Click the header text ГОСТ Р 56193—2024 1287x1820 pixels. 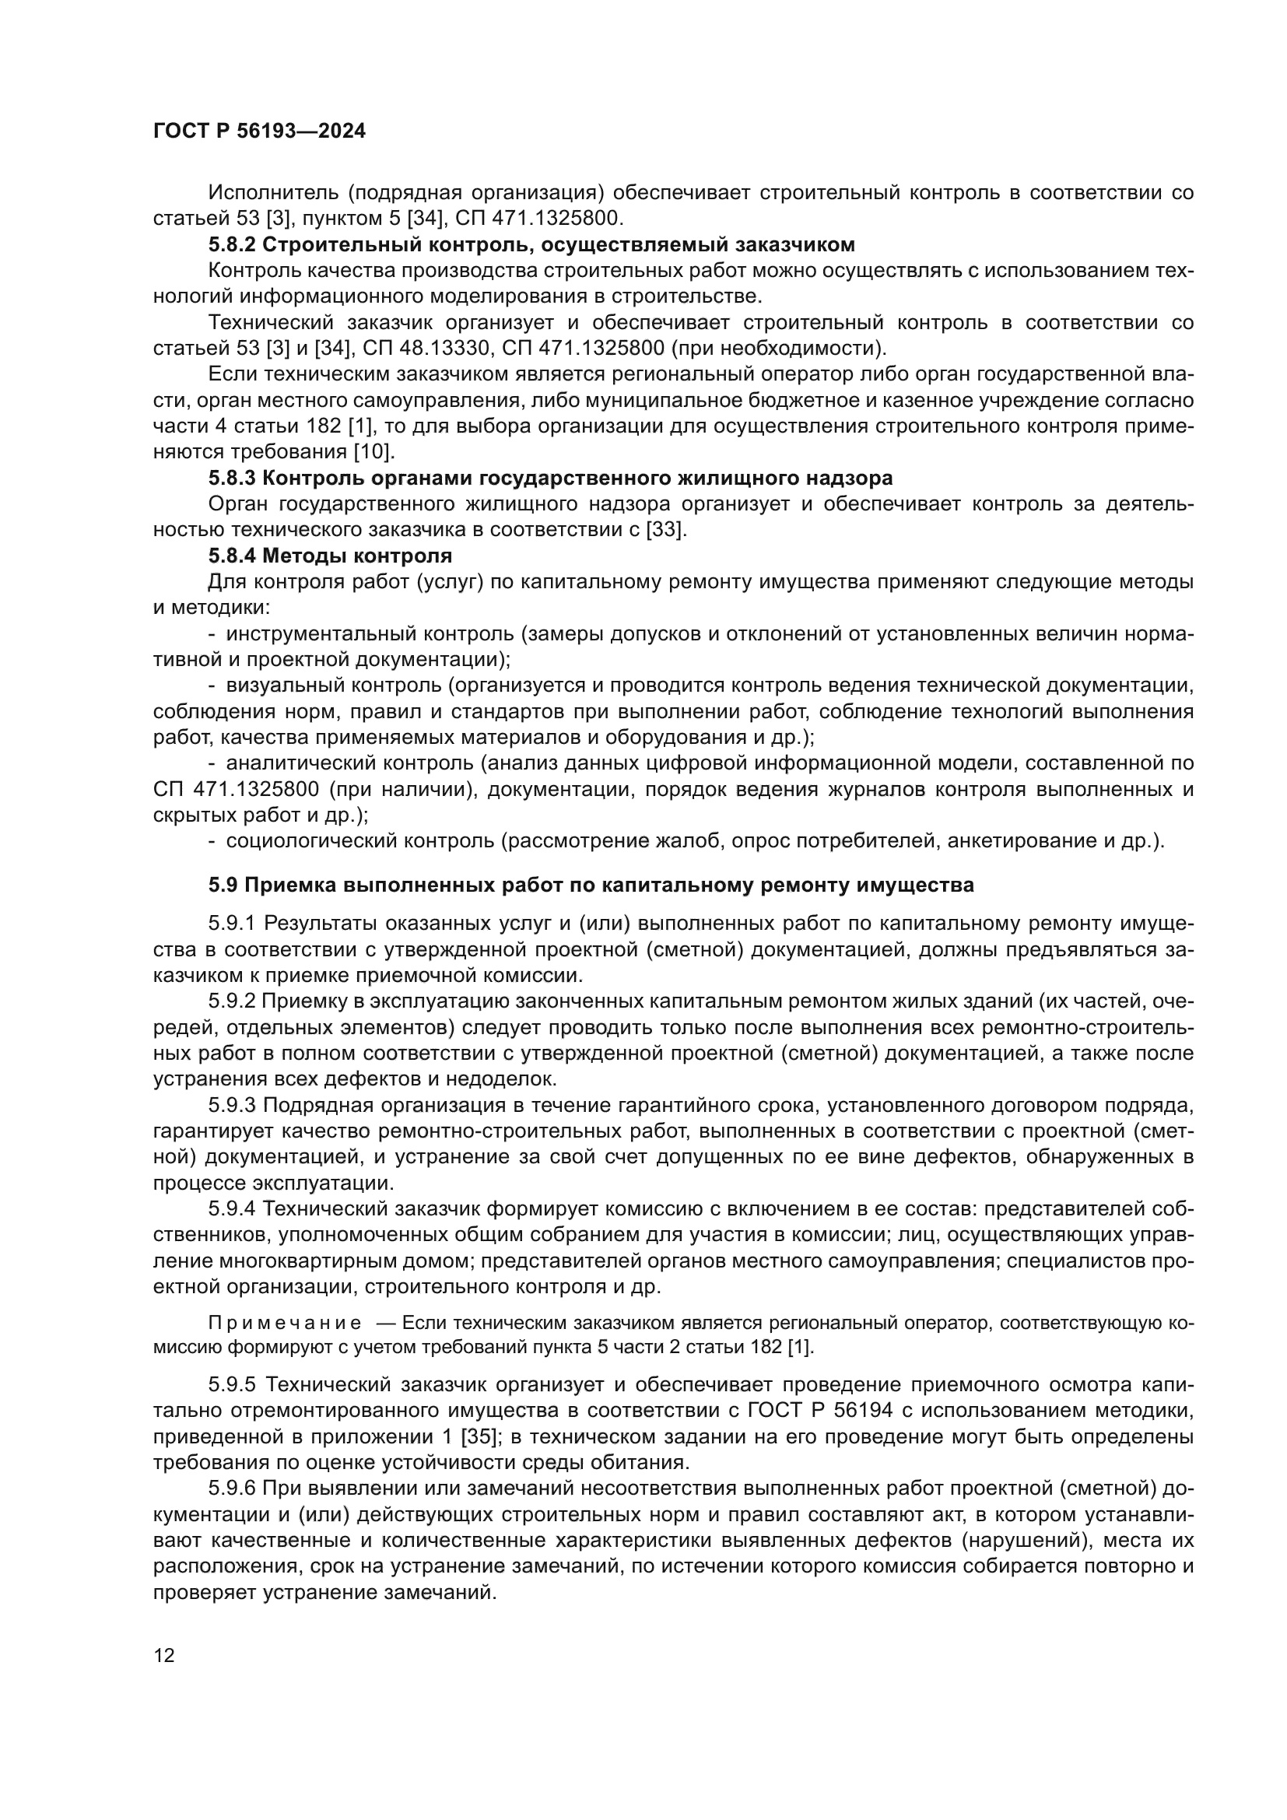[x=259, y=132]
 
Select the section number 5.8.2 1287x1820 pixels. [x=232, y=244]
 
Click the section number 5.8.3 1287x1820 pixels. [x=232, y=478]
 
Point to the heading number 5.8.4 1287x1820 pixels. [x=232, y=556]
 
